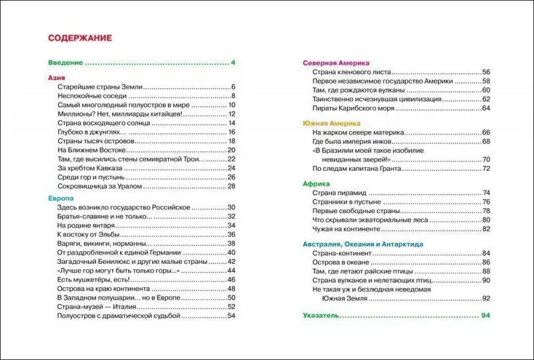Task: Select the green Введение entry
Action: pyautogui.click(x=65, y=63)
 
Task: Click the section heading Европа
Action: pyautogui.click(x=61, y=198)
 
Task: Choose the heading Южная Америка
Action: pyautogui.click(x=332, y=124)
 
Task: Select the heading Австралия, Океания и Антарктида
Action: pyautogui.click(x=362, y=244)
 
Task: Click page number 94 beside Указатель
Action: pyautogui.click(x=485, y=315)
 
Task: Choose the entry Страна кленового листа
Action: pyautogui.click(x=352, y=72)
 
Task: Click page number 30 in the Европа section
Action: pyautogui.click(x=232, y=208)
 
